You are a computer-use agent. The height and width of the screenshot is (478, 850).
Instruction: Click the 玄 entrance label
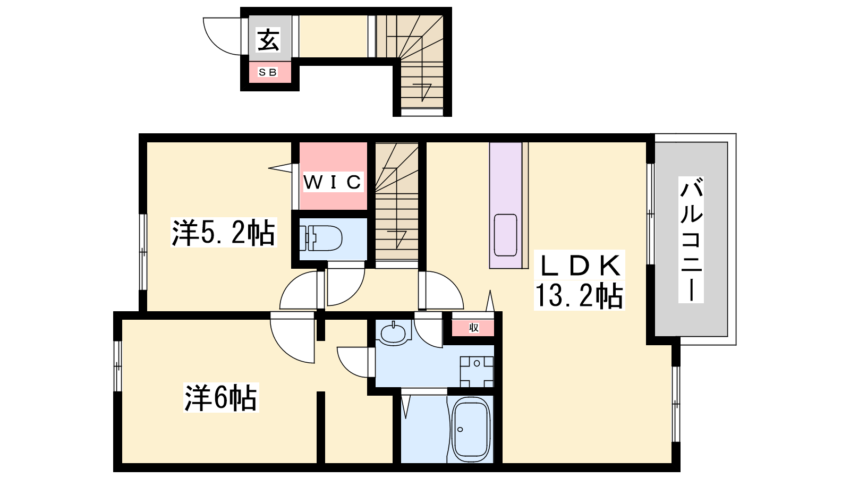[269, 40]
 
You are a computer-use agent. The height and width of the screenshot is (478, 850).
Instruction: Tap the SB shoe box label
[268, 72]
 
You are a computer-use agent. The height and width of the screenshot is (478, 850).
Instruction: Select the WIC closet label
[333, 182]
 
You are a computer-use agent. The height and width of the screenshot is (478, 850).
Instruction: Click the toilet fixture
[321, 238]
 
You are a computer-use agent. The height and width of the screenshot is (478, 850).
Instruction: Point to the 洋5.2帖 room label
[224, 233]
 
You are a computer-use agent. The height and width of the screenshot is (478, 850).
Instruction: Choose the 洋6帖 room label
[221, 398]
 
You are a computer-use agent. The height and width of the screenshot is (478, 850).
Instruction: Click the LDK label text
[580, 265]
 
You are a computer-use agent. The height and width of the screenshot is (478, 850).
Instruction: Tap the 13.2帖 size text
[579, 296]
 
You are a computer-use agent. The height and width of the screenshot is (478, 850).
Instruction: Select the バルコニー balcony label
[691, 240]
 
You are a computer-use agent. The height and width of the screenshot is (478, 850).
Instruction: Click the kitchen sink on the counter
[505, 235]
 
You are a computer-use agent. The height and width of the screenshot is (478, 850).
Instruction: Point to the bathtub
[471, 430]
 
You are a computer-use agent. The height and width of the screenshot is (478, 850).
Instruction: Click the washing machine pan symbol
[477, 371]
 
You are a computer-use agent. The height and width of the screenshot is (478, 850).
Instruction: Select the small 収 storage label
[473, 328]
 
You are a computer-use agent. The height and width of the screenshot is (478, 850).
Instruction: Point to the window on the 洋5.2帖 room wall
[143, 252]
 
